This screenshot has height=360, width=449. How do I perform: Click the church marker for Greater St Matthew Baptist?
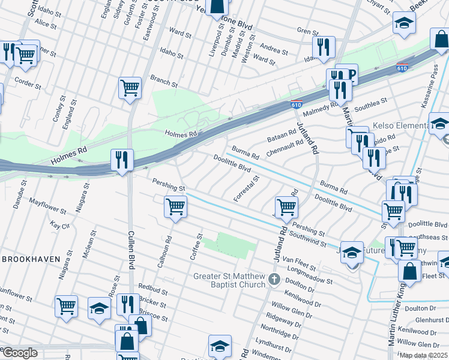274,278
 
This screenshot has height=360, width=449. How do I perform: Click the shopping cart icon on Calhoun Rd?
175,207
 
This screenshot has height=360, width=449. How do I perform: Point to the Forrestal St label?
247,188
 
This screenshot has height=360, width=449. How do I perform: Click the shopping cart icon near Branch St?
130,88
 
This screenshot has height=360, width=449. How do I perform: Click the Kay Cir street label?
60,226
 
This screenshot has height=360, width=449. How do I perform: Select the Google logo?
20,353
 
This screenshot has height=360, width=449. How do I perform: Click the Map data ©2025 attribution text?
423,355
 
